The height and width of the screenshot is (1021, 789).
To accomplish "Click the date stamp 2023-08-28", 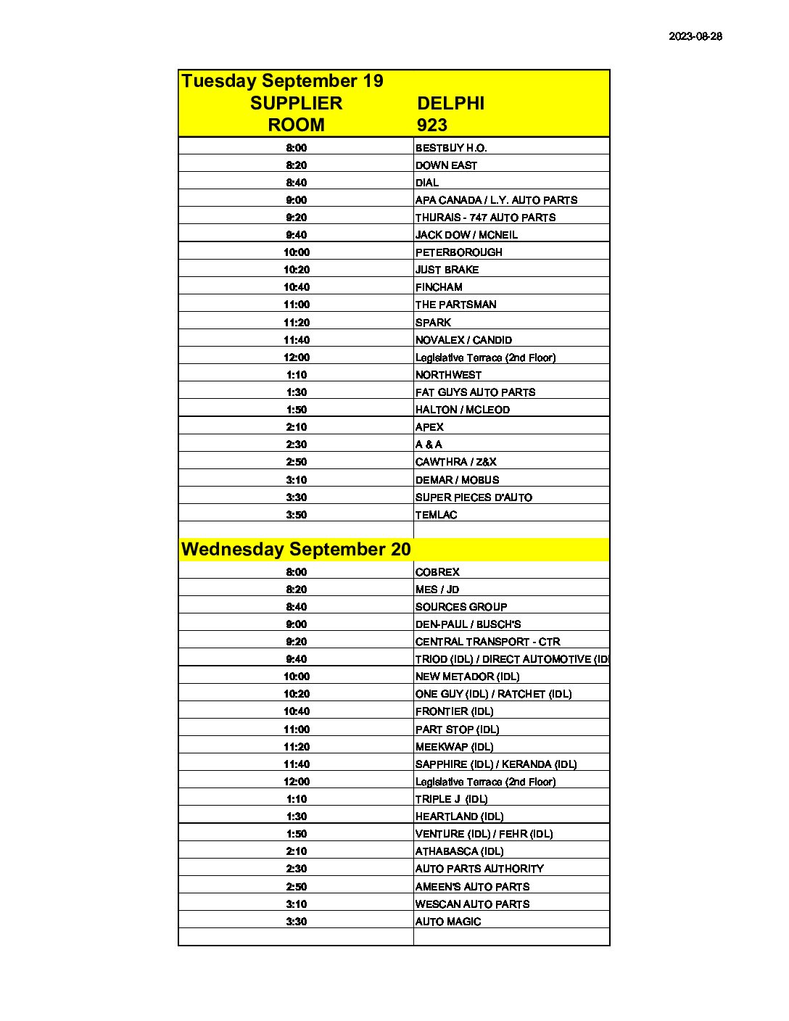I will click(x=695, y=36).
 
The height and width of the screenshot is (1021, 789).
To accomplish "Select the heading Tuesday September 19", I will click(x=282, y=81).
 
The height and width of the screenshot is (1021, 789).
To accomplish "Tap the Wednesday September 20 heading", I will click(x=296, y=550).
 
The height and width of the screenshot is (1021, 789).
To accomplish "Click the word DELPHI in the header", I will click(x=450, y=104).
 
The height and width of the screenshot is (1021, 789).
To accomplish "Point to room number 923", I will click(x=432, y=125).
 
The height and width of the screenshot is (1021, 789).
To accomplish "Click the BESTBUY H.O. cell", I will click(x=451, y=148).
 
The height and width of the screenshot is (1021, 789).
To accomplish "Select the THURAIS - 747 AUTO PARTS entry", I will click(x=485, y=218).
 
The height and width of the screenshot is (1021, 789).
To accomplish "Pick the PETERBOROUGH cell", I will click(x=458, y=252).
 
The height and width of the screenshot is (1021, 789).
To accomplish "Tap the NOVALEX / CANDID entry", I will click(x=463, y=340).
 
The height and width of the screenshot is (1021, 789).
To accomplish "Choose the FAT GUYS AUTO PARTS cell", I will click(x=475, y=392).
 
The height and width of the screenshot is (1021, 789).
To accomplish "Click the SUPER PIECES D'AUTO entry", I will click(x=474, y=497).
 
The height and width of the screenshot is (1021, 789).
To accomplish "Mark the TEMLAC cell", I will click(x=436, y=515).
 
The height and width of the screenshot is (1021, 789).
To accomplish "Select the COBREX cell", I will click(x=437, y=572).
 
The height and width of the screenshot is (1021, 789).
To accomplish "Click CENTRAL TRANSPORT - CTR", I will click(x=487, y=642).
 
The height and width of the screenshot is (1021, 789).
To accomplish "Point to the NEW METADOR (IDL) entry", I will click(x=467, y=677).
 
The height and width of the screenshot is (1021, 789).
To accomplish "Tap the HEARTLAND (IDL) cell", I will click(x=459, y=817).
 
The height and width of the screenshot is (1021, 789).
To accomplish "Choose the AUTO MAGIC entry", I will click(x=448, y=922).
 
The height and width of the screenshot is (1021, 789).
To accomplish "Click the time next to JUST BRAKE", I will click(x=296, y=270).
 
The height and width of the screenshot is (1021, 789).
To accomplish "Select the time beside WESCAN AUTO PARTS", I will click(x=296, y=904).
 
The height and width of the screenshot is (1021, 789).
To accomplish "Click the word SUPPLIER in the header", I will click(x=296, y=104).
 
